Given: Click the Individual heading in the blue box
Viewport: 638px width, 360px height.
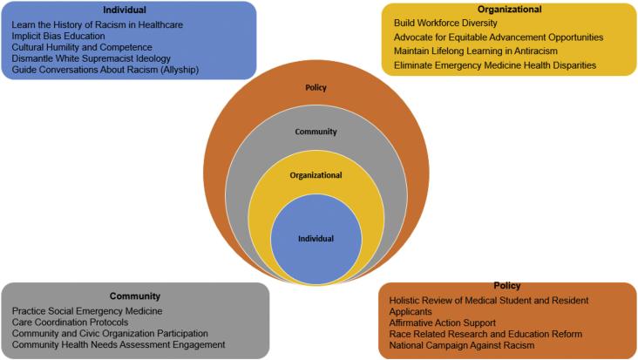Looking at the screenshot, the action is (x=125, y=10).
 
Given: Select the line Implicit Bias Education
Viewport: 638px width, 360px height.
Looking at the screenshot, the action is (x=58, y=37).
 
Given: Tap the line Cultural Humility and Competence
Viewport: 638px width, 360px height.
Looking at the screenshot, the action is (x=82, y=47).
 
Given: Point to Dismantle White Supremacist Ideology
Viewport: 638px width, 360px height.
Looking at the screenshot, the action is (x=92, y=58).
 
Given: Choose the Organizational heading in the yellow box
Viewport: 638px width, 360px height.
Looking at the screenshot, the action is (x=509, y=10).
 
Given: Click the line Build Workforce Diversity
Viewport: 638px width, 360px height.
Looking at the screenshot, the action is (x=445, y=24).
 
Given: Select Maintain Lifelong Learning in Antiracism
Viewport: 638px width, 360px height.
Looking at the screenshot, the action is (x=476, y=51).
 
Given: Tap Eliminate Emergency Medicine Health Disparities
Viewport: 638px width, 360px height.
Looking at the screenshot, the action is (x=495, y=65).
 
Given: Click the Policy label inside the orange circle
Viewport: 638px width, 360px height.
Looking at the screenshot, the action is (x=316, y=88).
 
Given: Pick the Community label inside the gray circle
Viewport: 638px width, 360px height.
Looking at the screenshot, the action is (x=316, y=132).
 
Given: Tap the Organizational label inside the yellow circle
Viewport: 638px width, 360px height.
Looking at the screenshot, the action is (x=316, y=176).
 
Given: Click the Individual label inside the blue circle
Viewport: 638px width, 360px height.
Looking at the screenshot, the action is (x=316, y=239).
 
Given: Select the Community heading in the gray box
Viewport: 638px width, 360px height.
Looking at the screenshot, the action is (x=135, y=296).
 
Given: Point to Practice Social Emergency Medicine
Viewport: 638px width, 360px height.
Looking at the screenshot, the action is (x=87, y=311).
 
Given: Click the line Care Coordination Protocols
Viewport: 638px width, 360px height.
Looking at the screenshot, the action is (x=70, y=323).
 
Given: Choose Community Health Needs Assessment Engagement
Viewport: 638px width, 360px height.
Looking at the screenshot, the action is (x=119, y=345).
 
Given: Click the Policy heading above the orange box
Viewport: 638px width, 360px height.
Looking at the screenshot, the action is (x=507, y=286).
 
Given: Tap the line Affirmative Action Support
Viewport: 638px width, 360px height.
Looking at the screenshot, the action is (x=442, y=323).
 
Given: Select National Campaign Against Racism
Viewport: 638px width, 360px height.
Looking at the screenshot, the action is (x=462, y=346).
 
